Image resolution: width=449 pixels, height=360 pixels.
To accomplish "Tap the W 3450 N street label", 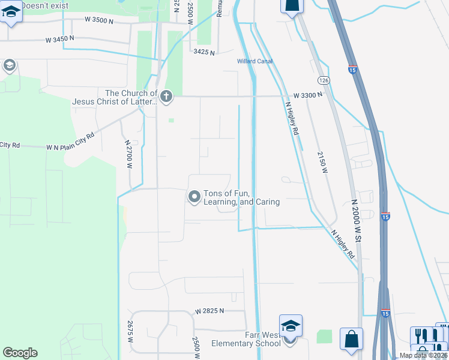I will pyautogui.click(x=60, y=38).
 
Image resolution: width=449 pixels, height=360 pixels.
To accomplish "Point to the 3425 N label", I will pyautogui.click(x=204, y=52).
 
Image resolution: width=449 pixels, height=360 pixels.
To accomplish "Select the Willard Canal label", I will pyautogui.click(x=255, y=61).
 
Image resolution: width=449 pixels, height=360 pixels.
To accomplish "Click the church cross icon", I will pyautogui.click(x=166, y=95).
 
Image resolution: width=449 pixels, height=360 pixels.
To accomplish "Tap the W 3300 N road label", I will pyautogui.click(x=309, y=95).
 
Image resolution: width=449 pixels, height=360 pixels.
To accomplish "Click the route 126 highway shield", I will pyautogui.click(x=324, y=80).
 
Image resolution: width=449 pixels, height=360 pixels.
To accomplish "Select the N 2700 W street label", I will pyautogui.click(x=128, y=155).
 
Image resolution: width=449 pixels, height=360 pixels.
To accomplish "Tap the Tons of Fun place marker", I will pyautogui.click(x=194, y=196).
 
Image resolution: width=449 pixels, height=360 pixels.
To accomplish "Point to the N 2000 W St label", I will pyautogui.click(x=356, y=221).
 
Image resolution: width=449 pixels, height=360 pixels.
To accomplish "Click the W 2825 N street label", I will pyautogui.click(x=209, y=311).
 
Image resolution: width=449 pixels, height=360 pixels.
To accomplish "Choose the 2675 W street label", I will pyautogui.click(x=130, y=332).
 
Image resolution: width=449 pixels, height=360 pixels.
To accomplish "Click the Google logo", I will pyautogui.click(x=20, y=353).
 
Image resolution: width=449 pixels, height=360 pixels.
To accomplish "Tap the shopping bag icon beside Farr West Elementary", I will pyautogui.click(x=351, y=338).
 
